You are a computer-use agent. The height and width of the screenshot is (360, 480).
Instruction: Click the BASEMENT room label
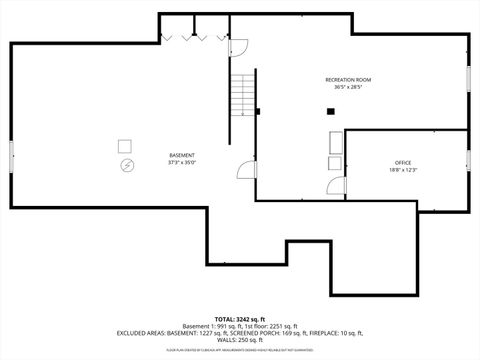(x=182, y=155)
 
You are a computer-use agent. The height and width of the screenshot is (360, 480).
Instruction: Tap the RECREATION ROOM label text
(x=347, y=79)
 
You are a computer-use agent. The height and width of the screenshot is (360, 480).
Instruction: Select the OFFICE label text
(x=402, y=163)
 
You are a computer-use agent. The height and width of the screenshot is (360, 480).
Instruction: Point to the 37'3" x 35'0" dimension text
(x=182, y=163)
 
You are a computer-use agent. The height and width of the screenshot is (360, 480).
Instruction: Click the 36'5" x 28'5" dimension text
(x=347, y=87)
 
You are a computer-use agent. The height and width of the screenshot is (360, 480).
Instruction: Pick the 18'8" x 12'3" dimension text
(x=402, y=171)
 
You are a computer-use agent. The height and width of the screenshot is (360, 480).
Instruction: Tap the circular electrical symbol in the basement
(x=126, y=165)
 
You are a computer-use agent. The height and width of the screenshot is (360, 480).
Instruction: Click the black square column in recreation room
(x=330, y=111)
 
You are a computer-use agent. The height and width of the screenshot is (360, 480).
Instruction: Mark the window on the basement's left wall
(x=11, y=156)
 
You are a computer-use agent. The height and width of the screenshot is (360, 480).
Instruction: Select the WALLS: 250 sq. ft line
(x=239, y=340)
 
